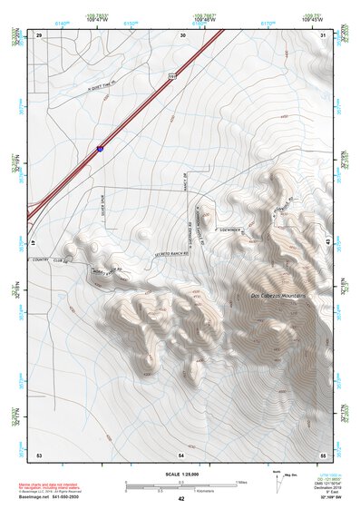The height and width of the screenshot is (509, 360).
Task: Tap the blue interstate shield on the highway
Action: point(100,147)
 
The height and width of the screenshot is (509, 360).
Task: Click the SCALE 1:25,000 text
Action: point(181,475)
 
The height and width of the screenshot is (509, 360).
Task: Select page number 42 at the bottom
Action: point(181,499)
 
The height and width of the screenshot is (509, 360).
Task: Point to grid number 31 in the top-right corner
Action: point(323,34)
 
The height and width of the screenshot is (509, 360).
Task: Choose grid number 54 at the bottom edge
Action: point(181,453)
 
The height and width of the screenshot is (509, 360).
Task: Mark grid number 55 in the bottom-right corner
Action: point(322,453)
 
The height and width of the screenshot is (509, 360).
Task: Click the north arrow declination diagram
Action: point(278,483)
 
